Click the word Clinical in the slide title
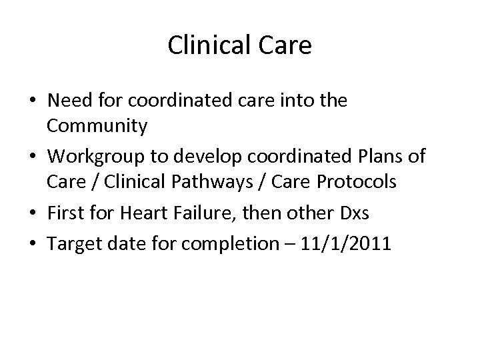(207, 45)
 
